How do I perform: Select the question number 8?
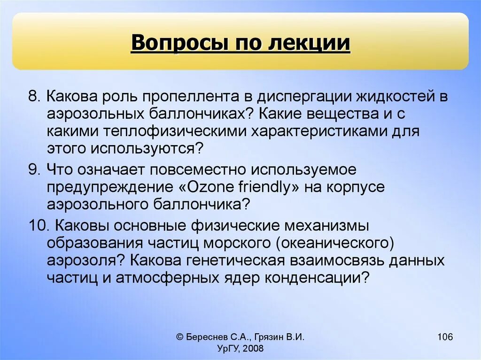pyautogui.click(x=33, y=97)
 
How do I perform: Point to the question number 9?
pyautogui.click(x=33, y=169)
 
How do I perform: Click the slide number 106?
pyautogui.click(x=444, y=337)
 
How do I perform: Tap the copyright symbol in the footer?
pyautogui.click(x=180, y=337)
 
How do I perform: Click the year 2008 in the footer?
pyautogui.click(x=254, y=348)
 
